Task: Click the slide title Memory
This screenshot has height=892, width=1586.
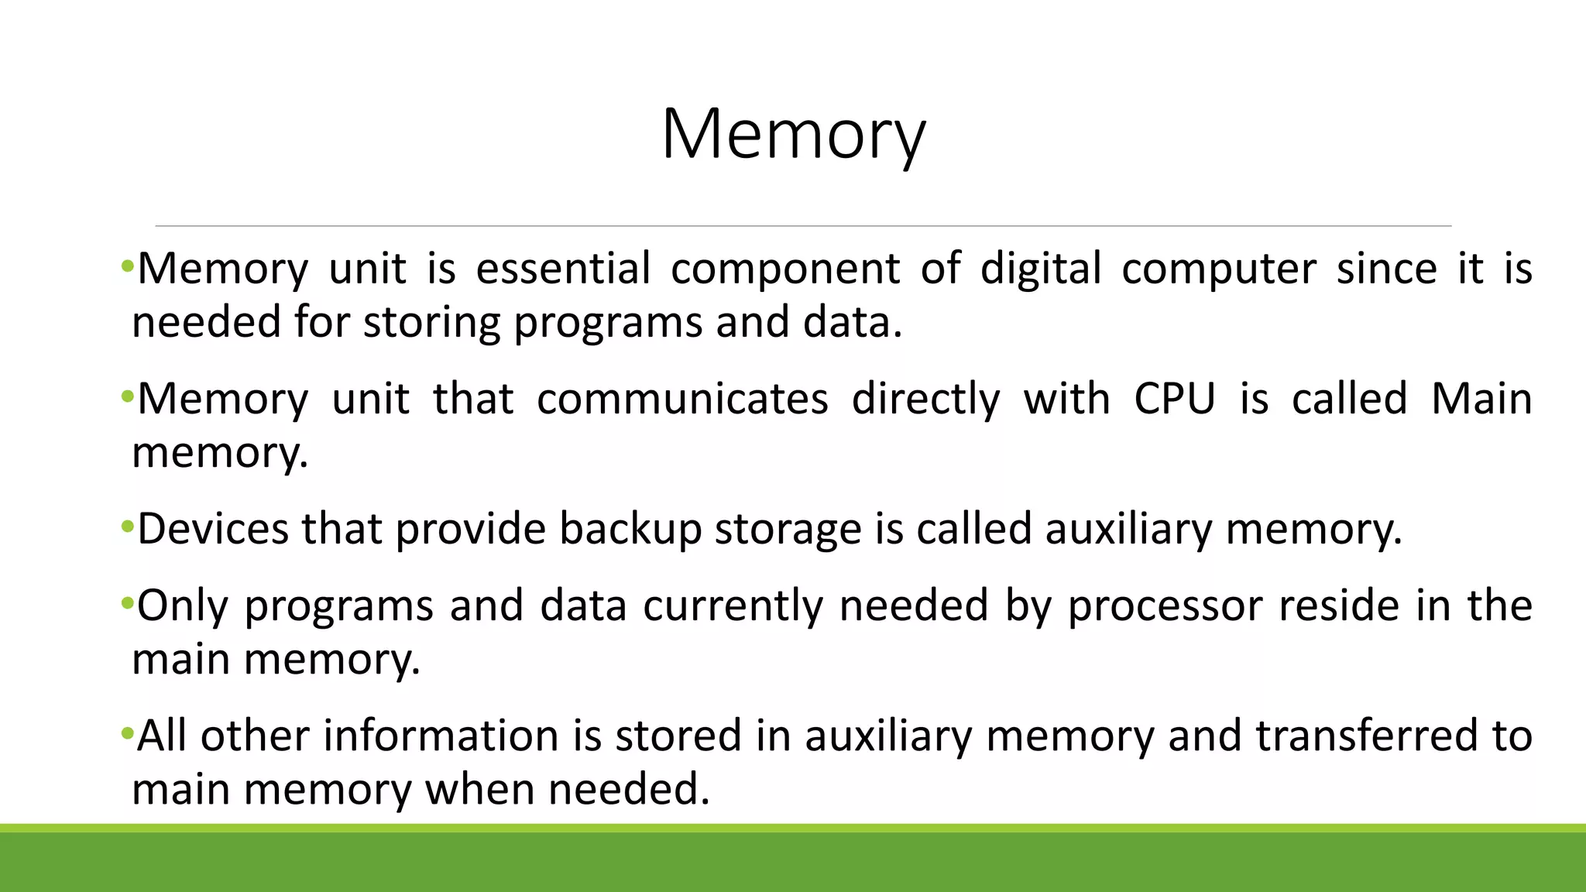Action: click(x=793, y=135)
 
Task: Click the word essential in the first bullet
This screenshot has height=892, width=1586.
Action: click(x=563, y=269)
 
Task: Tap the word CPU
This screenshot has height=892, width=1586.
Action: click(x=1174, y=399)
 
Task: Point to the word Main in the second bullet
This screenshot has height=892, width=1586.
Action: click(x=1481, y=399)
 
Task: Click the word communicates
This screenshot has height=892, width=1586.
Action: click(x=682, y=399)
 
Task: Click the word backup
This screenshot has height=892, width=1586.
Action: click(x=630, y=530)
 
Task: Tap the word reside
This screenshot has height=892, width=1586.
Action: click(x=1338, y=605)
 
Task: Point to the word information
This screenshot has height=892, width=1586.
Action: click(x=441, y=735)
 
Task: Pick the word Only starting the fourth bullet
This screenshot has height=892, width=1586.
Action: click(x=183, y=606)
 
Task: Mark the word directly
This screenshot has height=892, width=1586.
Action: click(x=925, y=400)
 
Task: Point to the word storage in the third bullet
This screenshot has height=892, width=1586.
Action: click(x=788, y=530)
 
